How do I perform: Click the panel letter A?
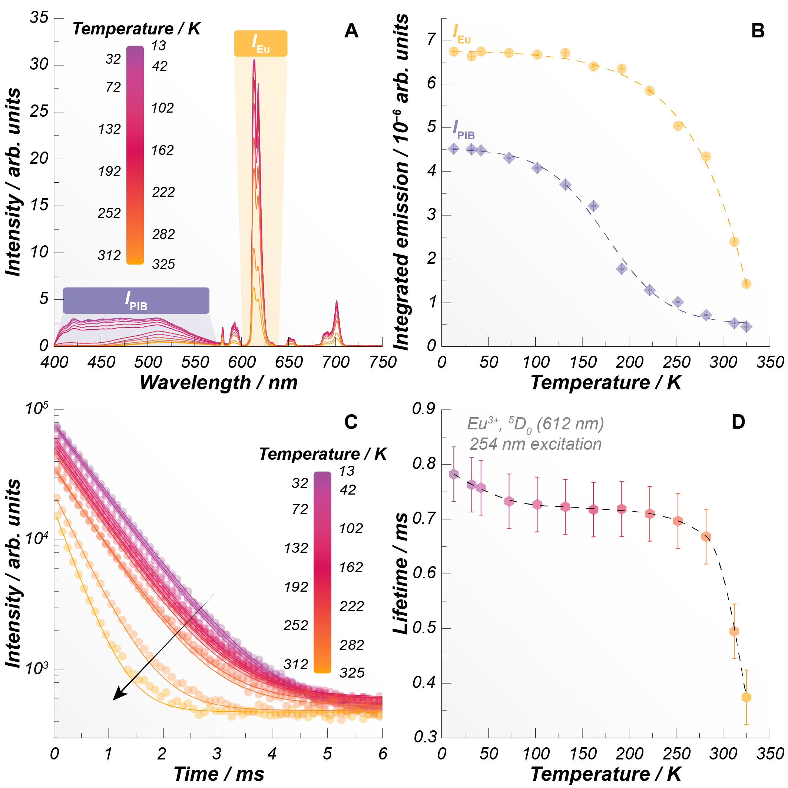pos(351,31)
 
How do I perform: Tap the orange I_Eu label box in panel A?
pos(260,43)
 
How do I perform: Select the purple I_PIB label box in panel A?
pos(136,300)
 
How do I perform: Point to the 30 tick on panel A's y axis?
pos(39,64)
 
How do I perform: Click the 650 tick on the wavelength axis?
pos(289,362)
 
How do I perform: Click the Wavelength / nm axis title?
pos(218,383)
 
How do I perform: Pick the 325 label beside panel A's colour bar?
pos(163,264)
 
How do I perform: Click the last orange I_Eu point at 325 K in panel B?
pos(746,284)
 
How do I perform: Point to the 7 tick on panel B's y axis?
pos(431,40)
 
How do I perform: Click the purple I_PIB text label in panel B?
pos(463,130)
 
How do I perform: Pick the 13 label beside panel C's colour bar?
pos(347,471)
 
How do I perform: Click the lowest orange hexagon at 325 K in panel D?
pos(746,698)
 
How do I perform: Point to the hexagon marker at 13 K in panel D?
pos(453,474)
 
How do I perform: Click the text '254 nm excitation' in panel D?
pos(535,444)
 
